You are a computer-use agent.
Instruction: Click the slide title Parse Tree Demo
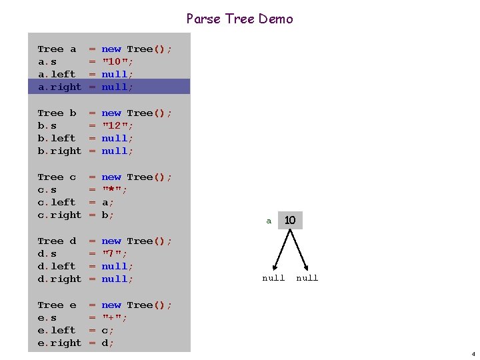[239, 19]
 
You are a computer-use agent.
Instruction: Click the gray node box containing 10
[290, 220]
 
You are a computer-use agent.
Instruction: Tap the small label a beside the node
[269, 221]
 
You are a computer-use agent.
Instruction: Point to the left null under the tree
[273, 278]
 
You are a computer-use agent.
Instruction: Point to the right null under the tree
[307, 278]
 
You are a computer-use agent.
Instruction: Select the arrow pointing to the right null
[301, 251]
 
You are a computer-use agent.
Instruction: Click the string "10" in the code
[117, 61]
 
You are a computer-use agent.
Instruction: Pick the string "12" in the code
[117, 125]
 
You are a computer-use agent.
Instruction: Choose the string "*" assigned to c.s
[113, 189]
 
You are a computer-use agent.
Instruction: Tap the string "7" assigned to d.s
[113, 253]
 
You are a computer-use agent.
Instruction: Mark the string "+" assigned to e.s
[113, 317]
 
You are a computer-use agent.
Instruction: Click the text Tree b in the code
[57, 113]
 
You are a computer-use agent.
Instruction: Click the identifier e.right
[59, 343]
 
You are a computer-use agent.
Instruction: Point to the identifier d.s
[47, 253]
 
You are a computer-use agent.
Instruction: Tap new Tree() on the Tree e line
[136, 305]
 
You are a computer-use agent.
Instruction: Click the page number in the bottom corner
[473, 354]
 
